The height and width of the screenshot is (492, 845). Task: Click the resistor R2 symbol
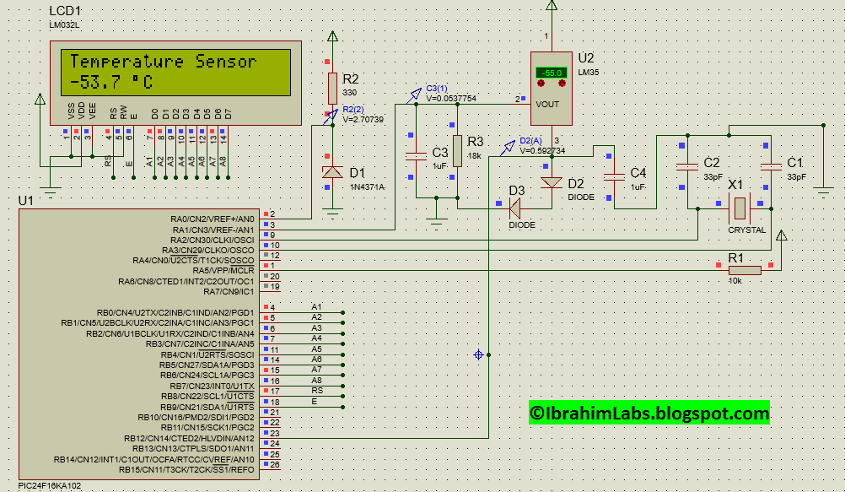tap(333, 86)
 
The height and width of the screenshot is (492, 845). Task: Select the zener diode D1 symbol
tap(333, 172)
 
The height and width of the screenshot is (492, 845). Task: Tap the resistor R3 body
tap(457, 151)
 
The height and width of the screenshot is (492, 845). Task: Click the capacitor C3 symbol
tap(416, 155)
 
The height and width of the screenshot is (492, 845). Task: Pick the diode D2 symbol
tap(552, 182)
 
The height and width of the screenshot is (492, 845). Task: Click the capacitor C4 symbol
tap(614, 176)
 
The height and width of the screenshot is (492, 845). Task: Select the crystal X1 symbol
tap(739, 207)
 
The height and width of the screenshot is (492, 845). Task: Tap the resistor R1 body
tap(745, 270)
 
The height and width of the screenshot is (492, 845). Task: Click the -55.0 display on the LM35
tap(552, 73)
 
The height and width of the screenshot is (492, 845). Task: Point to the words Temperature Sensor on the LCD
tap(163, 62)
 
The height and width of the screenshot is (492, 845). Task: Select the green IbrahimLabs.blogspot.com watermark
tap(649, 413)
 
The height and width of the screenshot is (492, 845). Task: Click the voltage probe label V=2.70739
tap(363, 120)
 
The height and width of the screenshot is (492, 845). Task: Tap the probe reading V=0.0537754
tap(451, 99)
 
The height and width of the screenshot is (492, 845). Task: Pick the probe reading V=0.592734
tap(542, 151)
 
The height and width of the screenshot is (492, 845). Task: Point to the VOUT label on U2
tap(547, 104)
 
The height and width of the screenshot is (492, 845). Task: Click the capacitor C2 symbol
tap(687, 165)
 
